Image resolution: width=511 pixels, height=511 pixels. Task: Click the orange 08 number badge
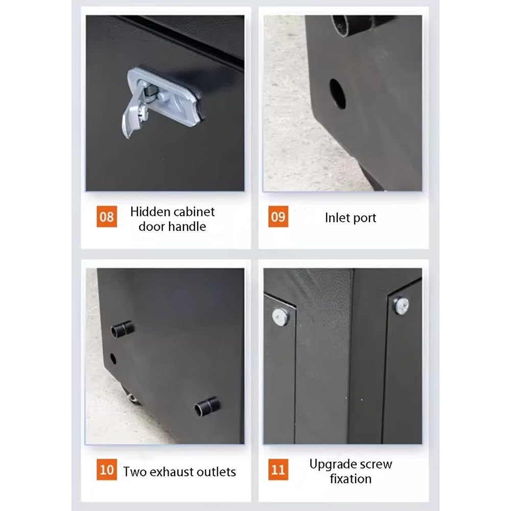[107, 216]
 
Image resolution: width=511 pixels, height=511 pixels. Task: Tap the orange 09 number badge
[278, 216]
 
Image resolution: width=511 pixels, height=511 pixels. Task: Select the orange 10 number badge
[107, 469]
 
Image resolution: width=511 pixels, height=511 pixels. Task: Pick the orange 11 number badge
[278, 469]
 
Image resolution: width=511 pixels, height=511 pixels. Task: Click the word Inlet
[337, 217]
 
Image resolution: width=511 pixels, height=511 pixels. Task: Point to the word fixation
[351, 479]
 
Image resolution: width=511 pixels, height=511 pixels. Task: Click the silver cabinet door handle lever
[133, 114]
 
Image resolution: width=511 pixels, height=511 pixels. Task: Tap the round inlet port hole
[338, 94]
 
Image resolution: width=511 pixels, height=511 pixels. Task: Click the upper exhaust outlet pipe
[123, 329]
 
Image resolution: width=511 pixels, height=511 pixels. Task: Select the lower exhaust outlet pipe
[207, 407]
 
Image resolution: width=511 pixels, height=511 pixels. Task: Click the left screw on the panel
[280, 316]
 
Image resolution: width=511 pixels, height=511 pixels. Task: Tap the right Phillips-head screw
[401, 306]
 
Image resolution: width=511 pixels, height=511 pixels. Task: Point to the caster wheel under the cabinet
[132, 396]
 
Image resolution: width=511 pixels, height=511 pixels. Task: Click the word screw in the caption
[375, 464]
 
